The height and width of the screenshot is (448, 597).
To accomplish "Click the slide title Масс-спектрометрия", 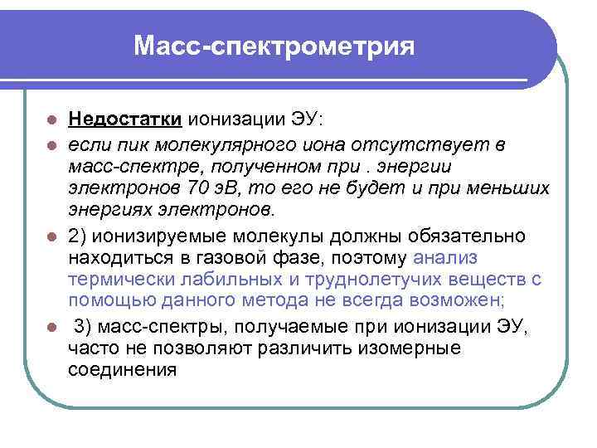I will coord(274,45).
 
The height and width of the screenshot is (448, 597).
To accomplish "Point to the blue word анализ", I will coord(451,256).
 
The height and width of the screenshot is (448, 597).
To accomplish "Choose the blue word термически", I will coord(119,278).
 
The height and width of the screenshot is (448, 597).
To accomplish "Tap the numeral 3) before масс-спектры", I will coord(82,324).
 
